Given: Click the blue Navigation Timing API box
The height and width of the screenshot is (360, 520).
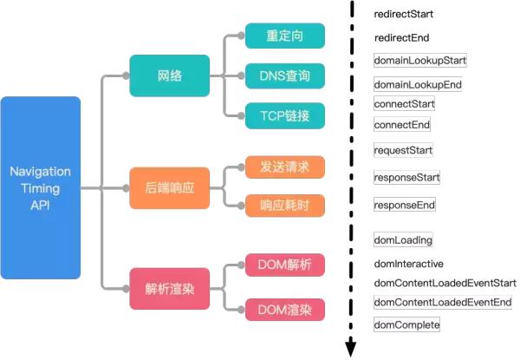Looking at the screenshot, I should [x=40, y=187].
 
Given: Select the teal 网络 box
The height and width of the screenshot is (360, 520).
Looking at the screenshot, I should [x=169, y=75].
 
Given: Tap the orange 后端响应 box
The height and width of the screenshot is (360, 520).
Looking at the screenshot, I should [x=169, y=187].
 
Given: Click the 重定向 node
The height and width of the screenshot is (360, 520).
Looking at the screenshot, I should [x=284, y=36].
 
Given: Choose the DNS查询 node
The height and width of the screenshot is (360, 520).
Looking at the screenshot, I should [x=284, y=75].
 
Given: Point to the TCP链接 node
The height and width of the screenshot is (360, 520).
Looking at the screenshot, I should [x=284, y=115].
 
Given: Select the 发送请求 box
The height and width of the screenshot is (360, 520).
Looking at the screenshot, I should [x=284, y=165].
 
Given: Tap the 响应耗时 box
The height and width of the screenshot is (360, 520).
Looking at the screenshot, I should [x=284, y=205].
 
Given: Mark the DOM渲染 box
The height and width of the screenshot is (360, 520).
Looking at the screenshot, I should [x=284, y=308].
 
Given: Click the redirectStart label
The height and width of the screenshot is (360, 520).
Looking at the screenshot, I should [x=404, y=15].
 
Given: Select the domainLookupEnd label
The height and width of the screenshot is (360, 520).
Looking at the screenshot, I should [x=417, y=84].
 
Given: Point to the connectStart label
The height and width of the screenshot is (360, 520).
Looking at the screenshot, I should [x=404, y=104].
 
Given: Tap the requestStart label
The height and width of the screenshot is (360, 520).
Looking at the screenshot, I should [x=404, y=150].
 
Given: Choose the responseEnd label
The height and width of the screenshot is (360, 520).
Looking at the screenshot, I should [x=404, y=206].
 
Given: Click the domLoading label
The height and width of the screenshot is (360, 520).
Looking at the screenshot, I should [x=403, y=239].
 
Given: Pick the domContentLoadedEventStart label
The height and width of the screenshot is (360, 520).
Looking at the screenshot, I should [x=445, y=283].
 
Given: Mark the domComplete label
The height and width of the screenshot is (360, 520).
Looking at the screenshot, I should [x=406, y=324].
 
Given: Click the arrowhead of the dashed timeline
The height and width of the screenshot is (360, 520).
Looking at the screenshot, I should [x=352, y=349].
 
